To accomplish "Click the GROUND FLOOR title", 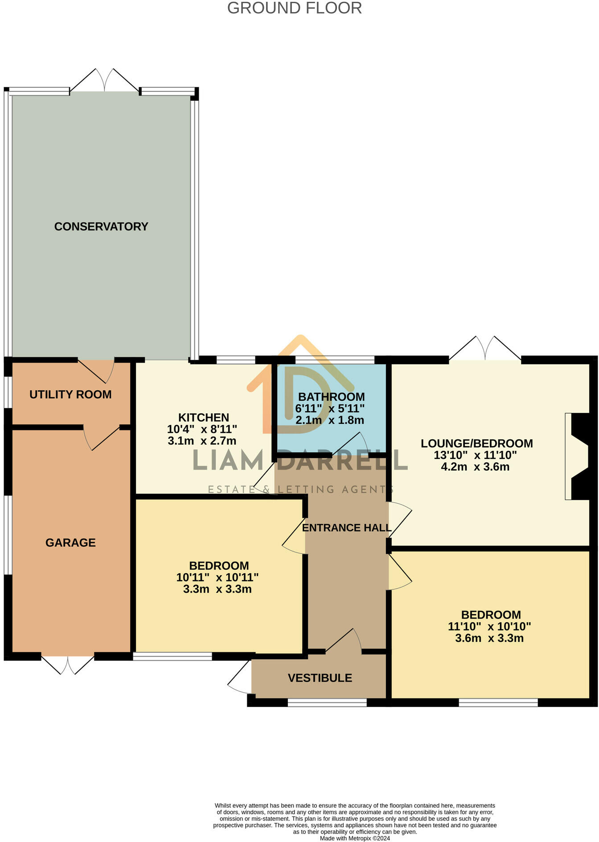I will [x=295, y=8].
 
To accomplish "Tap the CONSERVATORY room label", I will [x=101, y=227].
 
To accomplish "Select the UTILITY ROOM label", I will [x=70, y=395].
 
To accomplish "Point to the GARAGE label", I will [x=70, y=543].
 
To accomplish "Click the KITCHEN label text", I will [x=204, y=418].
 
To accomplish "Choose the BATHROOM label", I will [x=331, y=397].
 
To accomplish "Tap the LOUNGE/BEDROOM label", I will [x=477, y=444].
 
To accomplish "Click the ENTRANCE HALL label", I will [x=347, y=528].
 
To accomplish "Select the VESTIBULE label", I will [x=320, y=678].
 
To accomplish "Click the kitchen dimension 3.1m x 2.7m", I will [x=202, y=441].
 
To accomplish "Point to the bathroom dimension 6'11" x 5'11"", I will [x=330, y=409].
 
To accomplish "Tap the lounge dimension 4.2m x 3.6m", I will [x=475, y=467].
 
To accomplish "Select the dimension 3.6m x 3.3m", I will [x=489, y=638].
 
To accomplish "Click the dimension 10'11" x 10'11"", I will [x=217, y=578].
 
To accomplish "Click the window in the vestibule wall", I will [x=327, y=703].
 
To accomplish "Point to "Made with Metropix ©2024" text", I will [x=355, y=838].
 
